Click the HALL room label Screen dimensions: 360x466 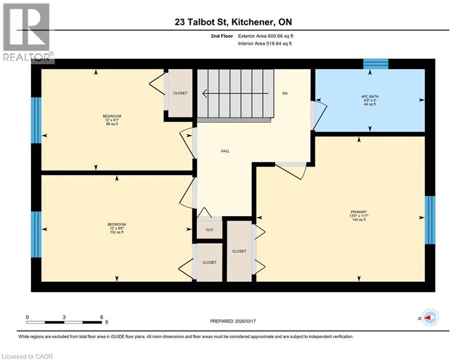tap(225, 151)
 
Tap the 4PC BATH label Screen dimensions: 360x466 tap(370, 97)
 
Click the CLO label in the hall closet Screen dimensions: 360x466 tap(209, 230)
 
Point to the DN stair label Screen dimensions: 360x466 tap(285, 93)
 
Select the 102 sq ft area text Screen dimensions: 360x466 tap(117, 232)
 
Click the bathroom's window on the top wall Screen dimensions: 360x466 tap(376, 64)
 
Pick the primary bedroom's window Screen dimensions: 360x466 tap(429, 220)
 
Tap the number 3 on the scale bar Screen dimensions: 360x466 tap(64, 317)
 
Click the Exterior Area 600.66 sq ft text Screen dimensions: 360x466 tap(266, 36)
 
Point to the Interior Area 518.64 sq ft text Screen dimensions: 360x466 tap(265, 44)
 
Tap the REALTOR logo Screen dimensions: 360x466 tap(27, 32)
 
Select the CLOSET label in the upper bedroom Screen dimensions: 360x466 tap(180, 93)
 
